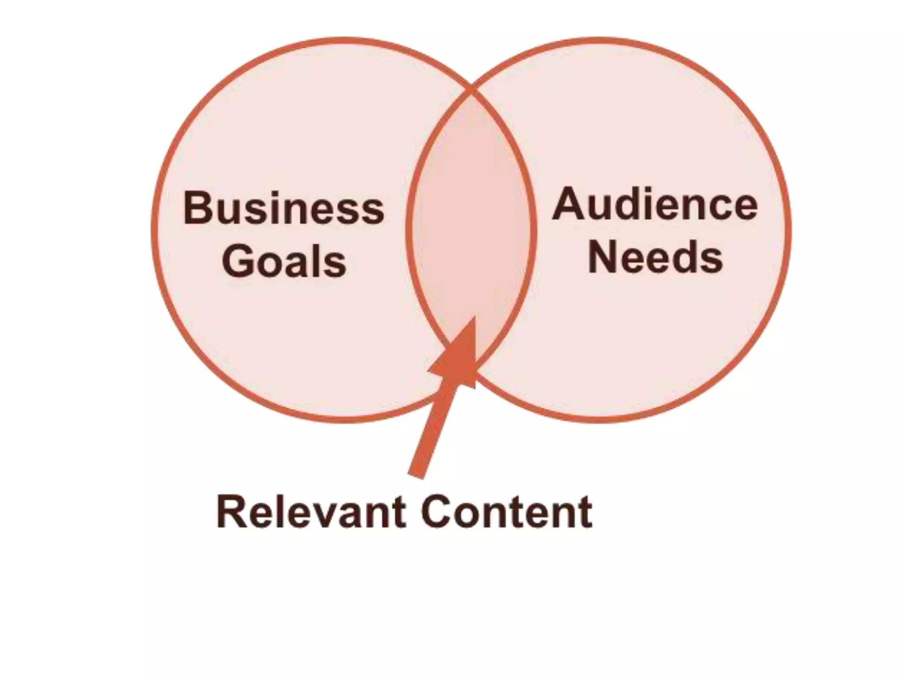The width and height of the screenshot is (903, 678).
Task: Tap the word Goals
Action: (x=284, y=261)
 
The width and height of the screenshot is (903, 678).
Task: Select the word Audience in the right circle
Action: (x=655, y=204)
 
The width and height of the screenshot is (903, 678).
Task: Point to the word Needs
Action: (x=655, y=257)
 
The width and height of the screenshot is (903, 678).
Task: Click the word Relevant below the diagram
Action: (x=310, y=512)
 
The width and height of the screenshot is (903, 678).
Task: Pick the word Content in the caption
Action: (x=507, y=512)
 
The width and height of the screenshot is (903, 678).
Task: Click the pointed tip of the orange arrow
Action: (x=474, y=317)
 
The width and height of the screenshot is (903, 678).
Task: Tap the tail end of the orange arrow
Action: (x=416, y=475)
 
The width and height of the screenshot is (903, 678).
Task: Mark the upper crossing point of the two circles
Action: (x=471, y=91)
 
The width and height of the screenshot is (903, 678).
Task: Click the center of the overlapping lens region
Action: (x=471, y=230)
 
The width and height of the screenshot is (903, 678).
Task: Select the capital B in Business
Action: (x=197, y=207)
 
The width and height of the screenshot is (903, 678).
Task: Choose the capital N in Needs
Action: (x=603, y=257)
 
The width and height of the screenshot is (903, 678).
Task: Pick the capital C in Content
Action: (x=437, y=512)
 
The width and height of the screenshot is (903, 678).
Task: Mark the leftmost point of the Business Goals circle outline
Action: (x=154, y=230)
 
